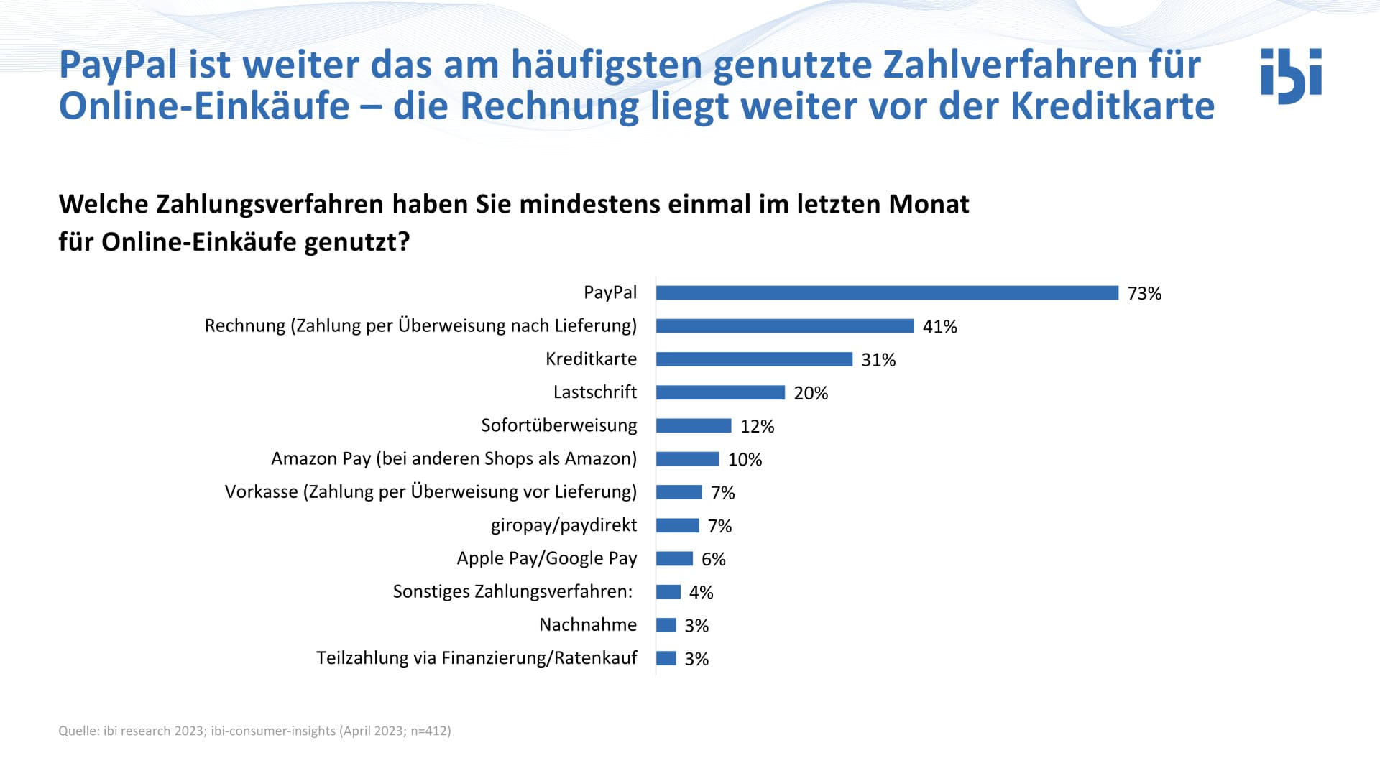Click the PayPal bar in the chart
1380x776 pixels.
(887, 292)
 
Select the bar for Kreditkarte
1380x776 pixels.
(754, 359)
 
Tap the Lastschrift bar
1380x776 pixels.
(720, 392)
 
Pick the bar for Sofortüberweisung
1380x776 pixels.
(694, 425)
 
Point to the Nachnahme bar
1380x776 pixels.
(666, 625)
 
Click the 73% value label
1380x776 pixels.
(1144, 293)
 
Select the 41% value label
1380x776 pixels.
(939, 326)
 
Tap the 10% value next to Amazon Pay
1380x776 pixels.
(745, 459)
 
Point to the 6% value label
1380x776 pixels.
(713, 559)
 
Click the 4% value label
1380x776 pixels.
(701, 592)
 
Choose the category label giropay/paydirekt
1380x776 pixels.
(563, 525)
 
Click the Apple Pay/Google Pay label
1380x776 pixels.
(546, 558)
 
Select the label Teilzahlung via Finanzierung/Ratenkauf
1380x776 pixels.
(477, 658)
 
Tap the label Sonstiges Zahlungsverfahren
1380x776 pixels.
(512, 591)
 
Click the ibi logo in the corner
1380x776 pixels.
(1291, 75)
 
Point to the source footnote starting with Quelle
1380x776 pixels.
(254, 731)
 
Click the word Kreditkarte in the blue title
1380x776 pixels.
(1113, 106)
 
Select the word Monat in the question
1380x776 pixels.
(929, 204)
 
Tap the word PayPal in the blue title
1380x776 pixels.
(118, 65)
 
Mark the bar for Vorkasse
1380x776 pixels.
(678, 492)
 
